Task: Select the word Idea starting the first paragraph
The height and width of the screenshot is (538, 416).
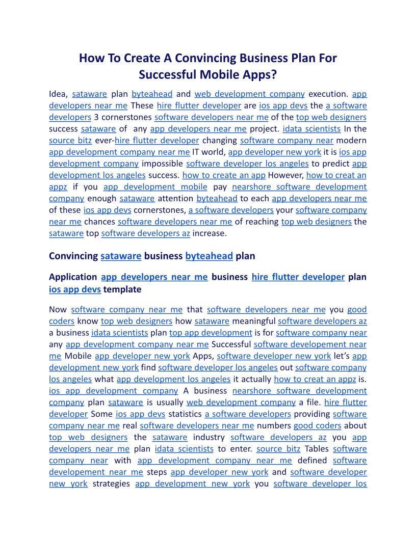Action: coord(58,94)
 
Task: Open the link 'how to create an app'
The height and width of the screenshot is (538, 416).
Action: coord(224,175)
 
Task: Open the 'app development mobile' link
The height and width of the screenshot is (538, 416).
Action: coord(155,187)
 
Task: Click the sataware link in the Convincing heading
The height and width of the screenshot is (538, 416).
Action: coord(121,256)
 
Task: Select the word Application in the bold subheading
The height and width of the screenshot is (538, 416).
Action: coord(73,277)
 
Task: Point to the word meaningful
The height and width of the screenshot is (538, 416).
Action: coord(253,321)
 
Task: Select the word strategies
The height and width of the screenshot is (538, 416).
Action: coord(111,483)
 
